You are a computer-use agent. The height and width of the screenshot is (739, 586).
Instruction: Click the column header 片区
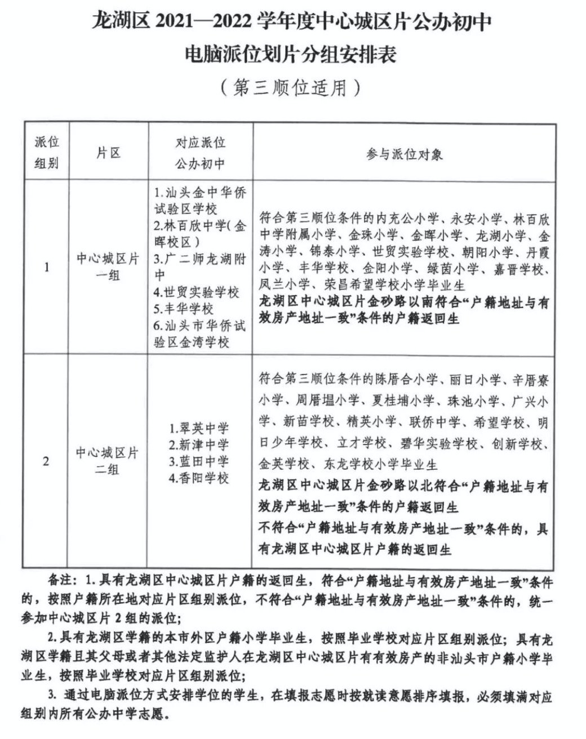pos(108,153)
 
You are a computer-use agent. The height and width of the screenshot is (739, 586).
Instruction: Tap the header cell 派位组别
pos(46,153)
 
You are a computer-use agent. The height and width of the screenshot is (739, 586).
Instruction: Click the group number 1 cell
pos(46,267)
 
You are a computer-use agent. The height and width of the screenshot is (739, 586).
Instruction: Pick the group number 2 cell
pos(46,461)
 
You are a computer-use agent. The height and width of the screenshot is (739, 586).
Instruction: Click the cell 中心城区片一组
pos(108,267)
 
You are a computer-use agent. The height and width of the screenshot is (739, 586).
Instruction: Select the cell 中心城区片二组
pos(108,461)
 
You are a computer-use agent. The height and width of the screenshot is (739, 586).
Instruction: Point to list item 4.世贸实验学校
pos(197,292)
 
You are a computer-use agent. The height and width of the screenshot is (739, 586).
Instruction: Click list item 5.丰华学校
pos(184,309)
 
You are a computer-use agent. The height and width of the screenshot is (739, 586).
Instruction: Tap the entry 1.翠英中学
pos(199,428)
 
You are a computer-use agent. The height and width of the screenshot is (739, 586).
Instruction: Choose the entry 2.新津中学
pos(199,445)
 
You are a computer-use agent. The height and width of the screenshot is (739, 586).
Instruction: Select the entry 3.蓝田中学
pos(199,462)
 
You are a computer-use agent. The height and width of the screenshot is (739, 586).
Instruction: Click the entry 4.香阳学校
pos(199,479)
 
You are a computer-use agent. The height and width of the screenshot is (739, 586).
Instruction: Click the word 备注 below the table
pos(61,580)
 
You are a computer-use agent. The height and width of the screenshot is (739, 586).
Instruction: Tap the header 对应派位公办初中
pos(200,153)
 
